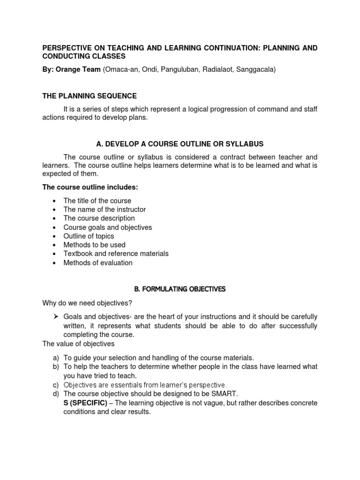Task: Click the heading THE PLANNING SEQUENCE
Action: pyautogui.click(x=90, y=96)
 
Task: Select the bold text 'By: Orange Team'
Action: pyautogui.click(x=71, y=70)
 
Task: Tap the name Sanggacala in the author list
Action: pyautogui.click(x=256, y=70)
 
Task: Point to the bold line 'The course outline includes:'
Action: pyautogui.click(x=90, y=187)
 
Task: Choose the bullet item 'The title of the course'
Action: pyautogui.click(x=97, y=201)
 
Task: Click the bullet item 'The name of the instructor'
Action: pyautogui.click(x=105, y=210)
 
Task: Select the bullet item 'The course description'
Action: pyautogui.click(x=99, y=218)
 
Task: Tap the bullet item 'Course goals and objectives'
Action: pyautogui.click(x=108, y=227)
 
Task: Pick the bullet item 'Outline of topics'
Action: pyautogui.click(x=89, y=236)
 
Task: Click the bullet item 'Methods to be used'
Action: pyautogui.click(x=94, y=245)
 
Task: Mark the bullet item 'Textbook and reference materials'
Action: pyautogui.click(x=116, y=254)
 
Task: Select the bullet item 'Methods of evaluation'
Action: pyautogui.click(x=98, y=263)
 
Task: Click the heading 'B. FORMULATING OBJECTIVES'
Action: pyautogui.click(x=180, y=289)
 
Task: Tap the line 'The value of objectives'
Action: pyautogui.click(x=78, y=344)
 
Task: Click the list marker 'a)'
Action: pyautogui.click(x=55, y=358)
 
